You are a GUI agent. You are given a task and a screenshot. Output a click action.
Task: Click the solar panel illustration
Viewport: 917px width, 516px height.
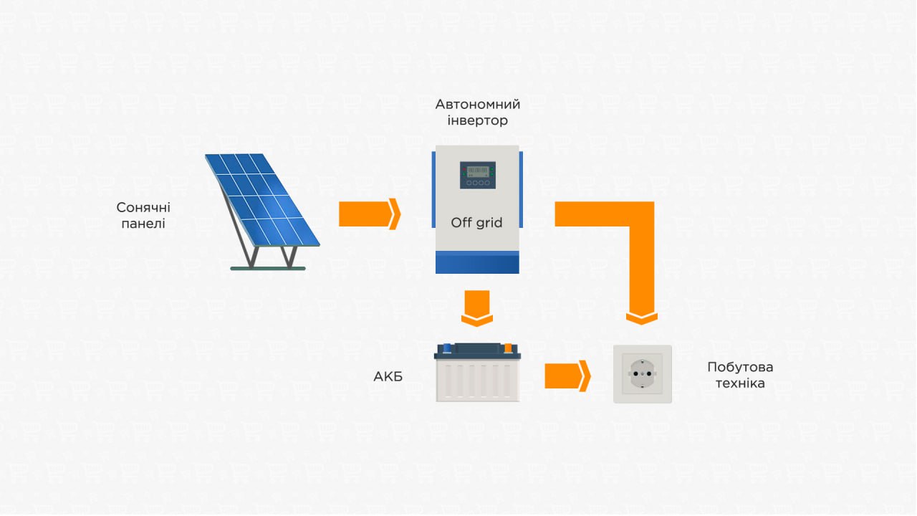point(262,211)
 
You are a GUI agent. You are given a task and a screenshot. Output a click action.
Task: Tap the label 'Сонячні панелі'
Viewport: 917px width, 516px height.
point(143,216)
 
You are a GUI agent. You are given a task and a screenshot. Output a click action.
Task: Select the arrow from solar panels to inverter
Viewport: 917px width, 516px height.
point(369,214)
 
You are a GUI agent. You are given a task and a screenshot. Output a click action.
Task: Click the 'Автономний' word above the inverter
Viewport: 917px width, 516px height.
point(477,105)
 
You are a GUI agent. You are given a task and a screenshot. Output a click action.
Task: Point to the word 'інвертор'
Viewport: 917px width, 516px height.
point(477,120)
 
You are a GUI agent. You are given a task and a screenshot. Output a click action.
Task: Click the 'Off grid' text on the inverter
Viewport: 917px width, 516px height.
point(476,222)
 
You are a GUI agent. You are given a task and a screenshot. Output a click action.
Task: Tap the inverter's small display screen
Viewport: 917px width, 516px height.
point(478,176)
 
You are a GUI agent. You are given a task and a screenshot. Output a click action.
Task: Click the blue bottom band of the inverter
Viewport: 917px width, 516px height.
point(477,262)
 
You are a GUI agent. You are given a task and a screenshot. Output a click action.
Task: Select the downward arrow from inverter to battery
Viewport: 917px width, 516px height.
point(477,308)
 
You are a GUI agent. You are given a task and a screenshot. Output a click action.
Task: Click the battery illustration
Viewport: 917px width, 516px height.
point(477,372)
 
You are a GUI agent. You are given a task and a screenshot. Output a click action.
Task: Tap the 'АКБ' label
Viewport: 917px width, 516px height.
point(388,376)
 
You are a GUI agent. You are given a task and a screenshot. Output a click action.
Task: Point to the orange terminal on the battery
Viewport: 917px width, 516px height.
point(508,348)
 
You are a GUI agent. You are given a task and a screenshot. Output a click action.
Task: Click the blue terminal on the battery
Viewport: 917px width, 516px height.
point(447,348)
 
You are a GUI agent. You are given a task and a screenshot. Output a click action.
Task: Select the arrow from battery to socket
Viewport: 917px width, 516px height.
point(567,376)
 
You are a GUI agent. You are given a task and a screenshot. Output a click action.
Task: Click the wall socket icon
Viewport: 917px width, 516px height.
point(643,374)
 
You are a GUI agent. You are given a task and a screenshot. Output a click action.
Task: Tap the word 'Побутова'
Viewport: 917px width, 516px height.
point(740,367)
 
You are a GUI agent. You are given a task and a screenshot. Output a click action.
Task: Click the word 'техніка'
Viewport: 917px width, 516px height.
point(740,383)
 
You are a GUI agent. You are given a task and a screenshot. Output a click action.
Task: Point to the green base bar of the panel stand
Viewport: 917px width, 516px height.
point(268,269)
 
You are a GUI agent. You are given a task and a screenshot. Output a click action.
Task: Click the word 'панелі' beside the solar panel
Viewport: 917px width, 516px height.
point(143,224)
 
